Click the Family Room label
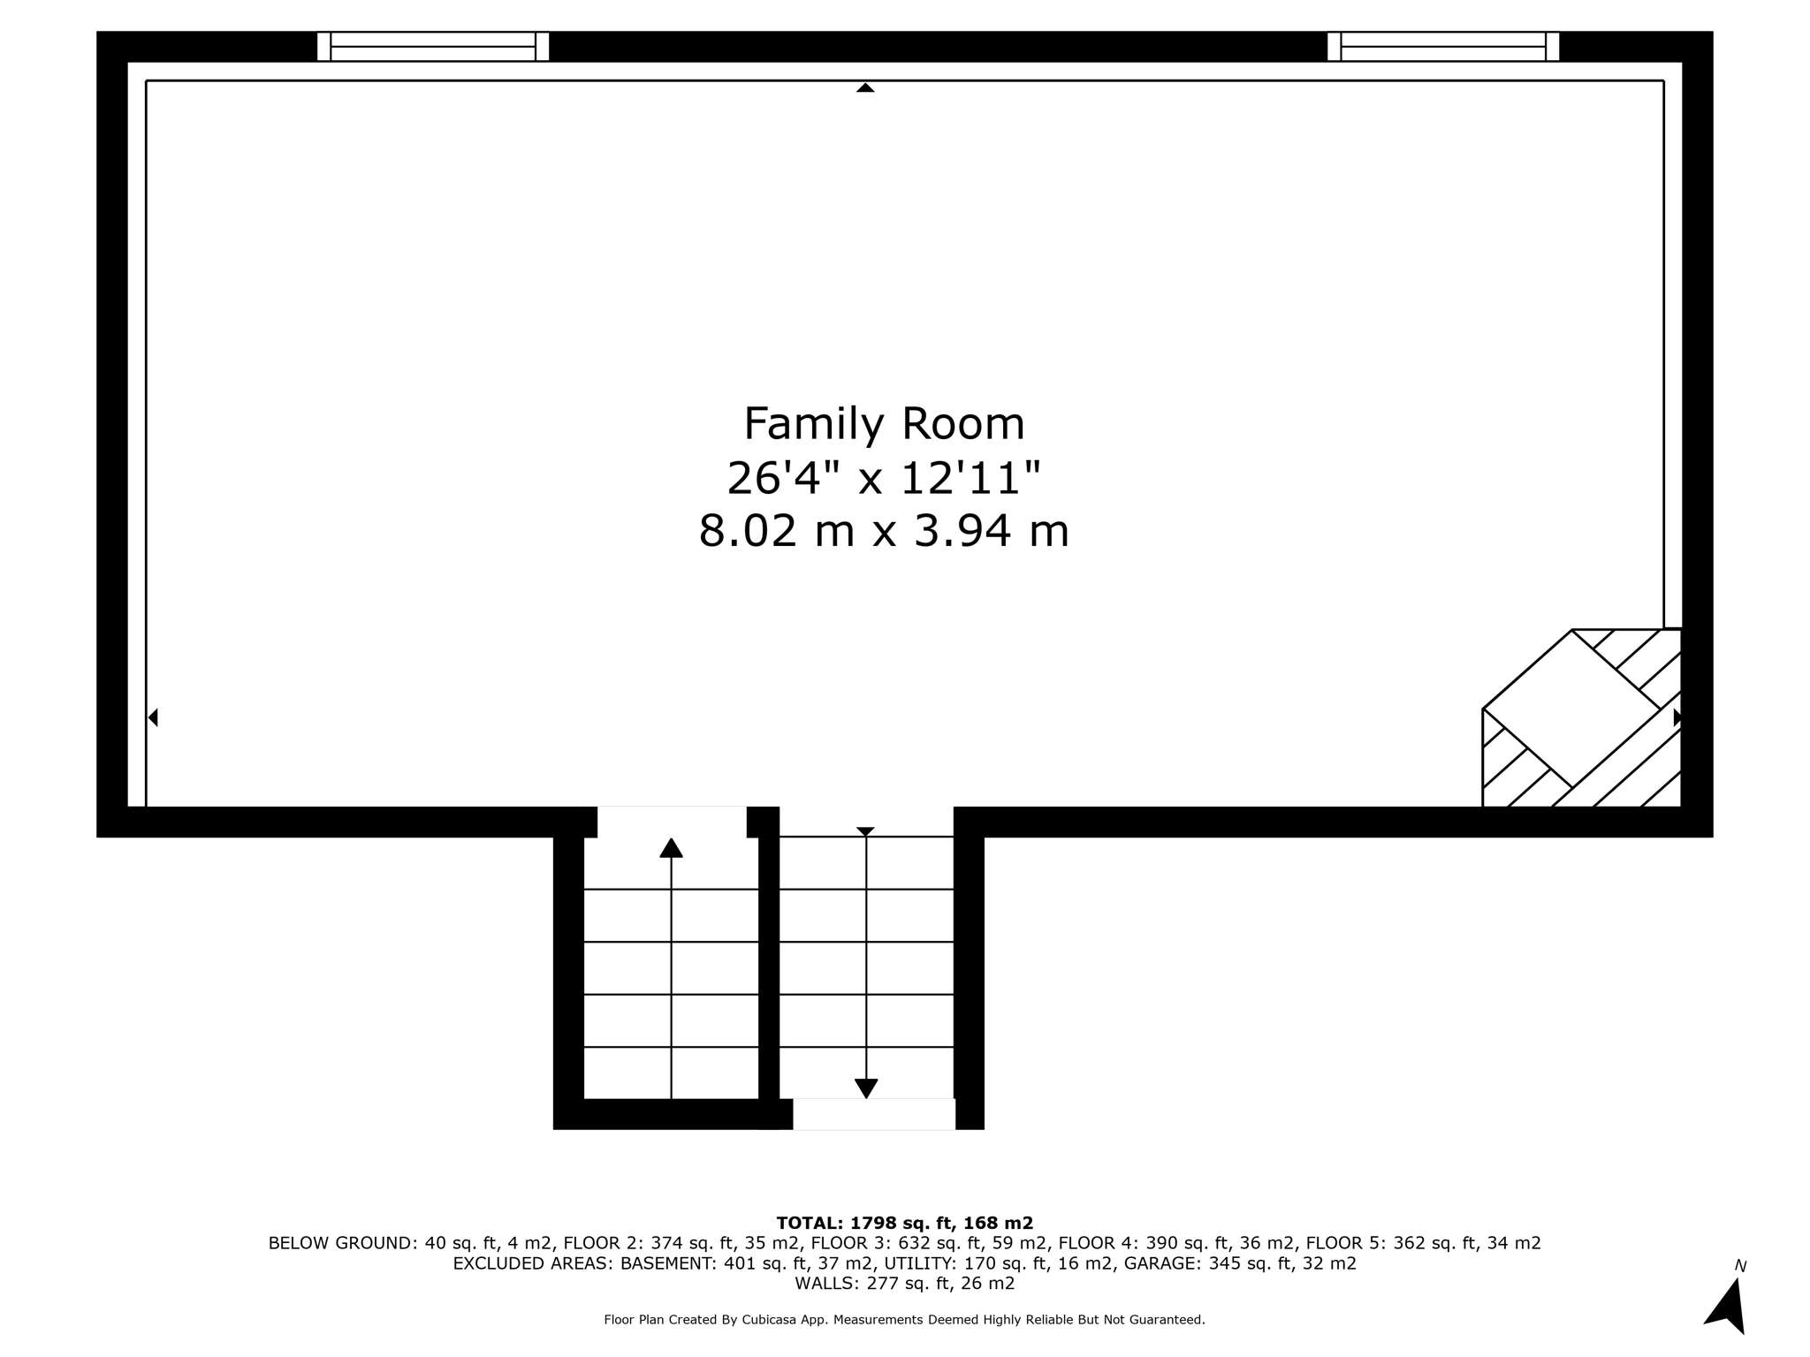pos(884,424)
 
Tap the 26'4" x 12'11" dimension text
pos(884,479)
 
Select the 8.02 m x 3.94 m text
pos(884,532)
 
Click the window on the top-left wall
pos(433,46)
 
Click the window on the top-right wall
pos(1443,46)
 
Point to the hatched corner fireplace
pos(1582,719)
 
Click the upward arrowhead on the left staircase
pos(671,848)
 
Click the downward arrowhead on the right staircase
pos(866,1088)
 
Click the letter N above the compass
pos(1740,1266)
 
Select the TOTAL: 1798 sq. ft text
pos(904,1223)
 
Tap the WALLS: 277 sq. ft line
pos(904,1284)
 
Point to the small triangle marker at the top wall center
pos(865,87)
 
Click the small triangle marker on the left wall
pos(153,717)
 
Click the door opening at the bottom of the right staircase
pos(873,1114)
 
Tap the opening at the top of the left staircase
pos(672,821)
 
